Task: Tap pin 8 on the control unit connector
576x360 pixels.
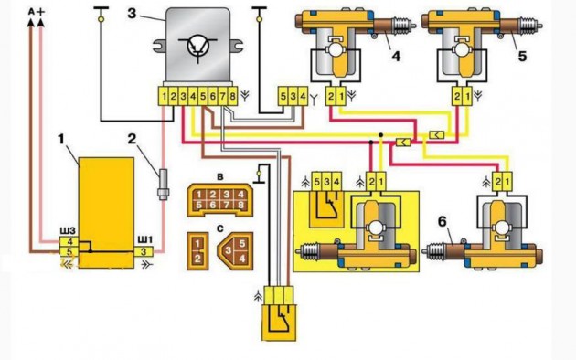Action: pyautogui.click(x=232, y=97)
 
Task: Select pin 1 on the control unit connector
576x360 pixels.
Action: pyautogui.click(x=164, y=97)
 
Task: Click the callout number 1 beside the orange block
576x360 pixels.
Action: pyautogui.click(x=61, y=140)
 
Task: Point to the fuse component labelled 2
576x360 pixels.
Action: pyautogui.click(x=163, y=185)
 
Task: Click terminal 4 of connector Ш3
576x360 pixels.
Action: pyautogui.click(x=70, y=242)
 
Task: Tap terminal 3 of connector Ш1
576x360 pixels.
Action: pyautogui.click(x=144, y=251)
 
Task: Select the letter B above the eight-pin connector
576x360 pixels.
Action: pyautogui.click(x=220, y=177)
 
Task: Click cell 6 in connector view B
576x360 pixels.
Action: pyautogui.click(x=213, y=206)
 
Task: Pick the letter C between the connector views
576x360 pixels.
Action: pyautogui.click(x=220, y=228)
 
